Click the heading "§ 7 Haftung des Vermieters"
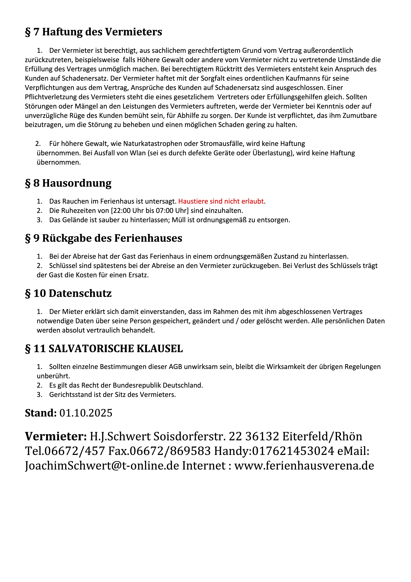pos(93,32)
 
